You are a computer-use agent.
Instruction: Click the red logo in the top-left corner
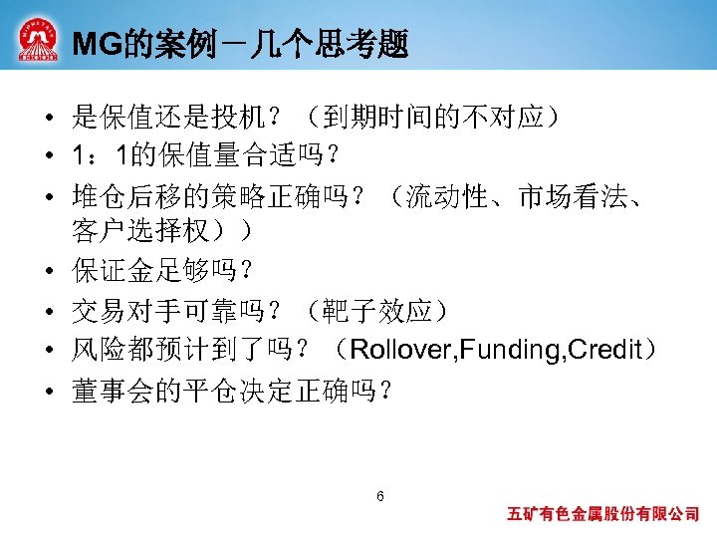point(37,40)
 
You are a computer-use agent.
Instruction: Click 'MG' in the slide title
point(97,45)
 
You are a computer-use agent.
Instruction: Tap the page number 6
point(379,497)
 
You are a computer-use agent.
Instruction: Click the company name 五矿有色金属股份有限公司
point(602,515)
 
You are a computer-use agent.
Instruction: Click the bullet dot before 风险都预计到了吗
point(48,351)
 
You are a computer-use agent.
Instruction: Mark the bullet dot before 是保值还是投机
point(48,118)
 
